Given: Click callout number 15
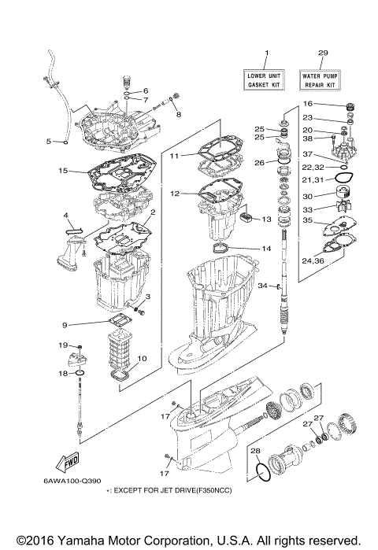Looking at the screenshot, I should (40, 170).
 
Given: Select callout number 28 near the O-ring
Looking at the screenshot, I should (255, 451).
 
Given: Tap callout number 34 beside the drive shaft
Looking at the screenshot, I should (263, 286).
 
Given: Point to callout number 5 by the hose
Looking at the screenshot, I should (49, 142).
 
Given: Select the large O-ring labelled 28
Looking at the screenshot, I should (265, 474).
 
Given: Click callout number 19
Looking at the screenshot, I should (61, 345).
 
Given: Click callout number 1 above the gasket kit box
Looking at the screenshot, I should (266, 54).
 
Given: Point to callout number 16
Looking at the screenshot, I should (308, 103).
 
